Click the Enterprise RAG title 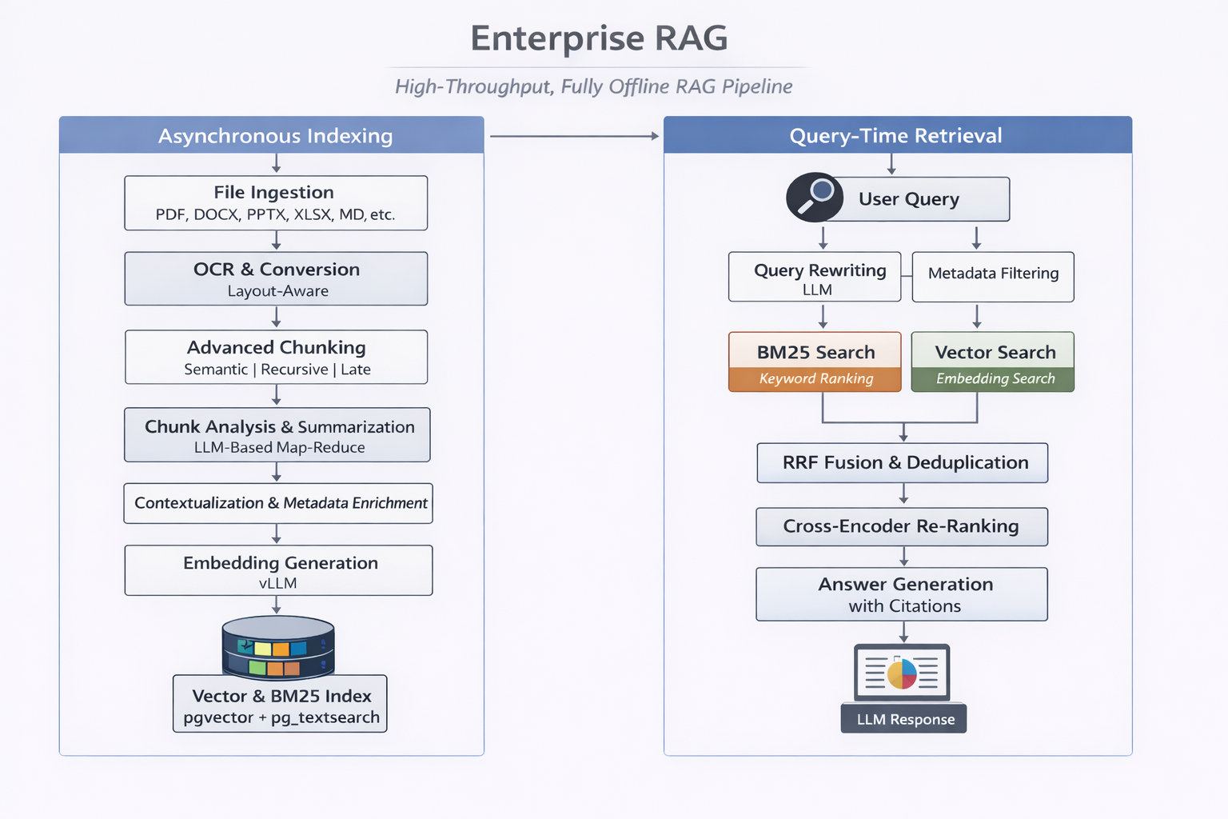point(599,38)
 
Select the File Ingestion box point(276,203)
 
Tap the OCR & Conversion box point(276,279)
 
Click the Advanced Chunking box point(276,358)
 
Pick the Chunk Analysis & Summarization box point(277,435)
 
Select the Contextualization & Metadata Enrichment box point(278,503)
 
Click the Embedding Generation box point(278,570)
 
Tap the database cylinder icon point(277,646)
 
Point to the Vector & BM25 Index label point(280,704)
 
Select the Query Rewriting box point(815,278)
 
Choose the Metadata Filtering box point(993,278)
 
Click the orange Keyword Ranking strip point(815,379)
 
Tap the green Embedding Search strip point(993,379)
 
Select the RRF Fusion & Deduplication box point(903,463)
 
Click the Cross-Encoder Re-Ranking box point(902,527)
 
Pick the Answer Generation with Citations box point(902,594)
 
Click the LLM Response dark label point(903,719)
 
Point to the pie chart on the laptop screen point(902,673)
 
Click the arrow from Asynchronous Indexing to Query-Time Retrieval point(574,137)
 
